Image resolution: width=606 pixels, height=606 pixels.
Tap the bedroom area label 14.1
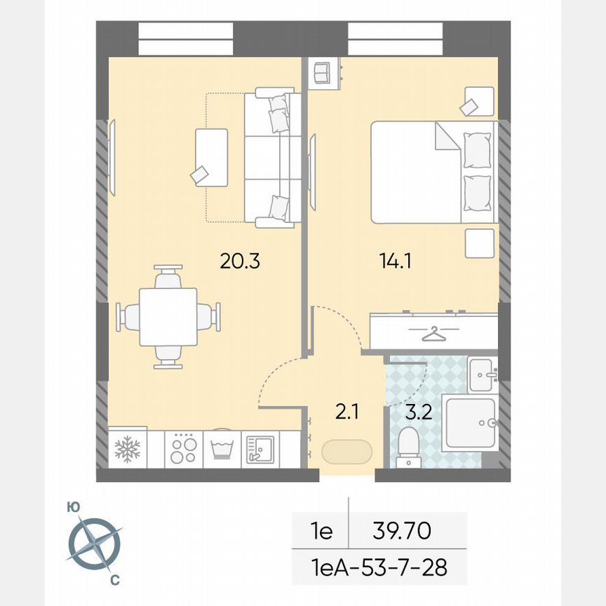(396, 262)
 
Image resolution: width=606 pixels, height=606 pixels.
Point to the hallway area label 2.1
(346, 412)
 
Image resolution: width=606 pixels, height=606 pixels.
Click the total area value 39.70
(403, 531)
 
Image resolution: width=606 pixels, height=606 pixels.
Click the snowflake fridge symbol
(127, 449)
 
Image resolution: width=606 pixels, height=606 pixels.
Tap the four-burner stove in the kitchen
(184, 449)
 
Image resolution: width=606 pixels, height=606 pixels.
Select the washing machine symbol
(222, 449)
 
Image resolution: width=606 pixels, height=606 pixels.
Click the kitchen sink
(260, 449)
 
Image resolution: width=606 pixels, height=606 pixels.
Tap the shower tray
(470, 422)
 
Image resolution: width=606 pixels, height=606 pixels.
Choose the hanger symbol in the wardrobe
(434, 333)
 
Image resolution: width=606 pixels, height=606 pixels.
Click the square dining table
(168, 316)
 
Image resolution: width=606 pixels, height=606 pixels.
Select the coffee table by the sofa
(213, 157)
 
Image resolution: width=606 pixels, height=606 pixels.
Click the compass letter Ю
(72, 506)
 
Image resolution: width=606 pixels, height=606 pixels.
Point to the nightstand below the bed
(479, 243)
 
